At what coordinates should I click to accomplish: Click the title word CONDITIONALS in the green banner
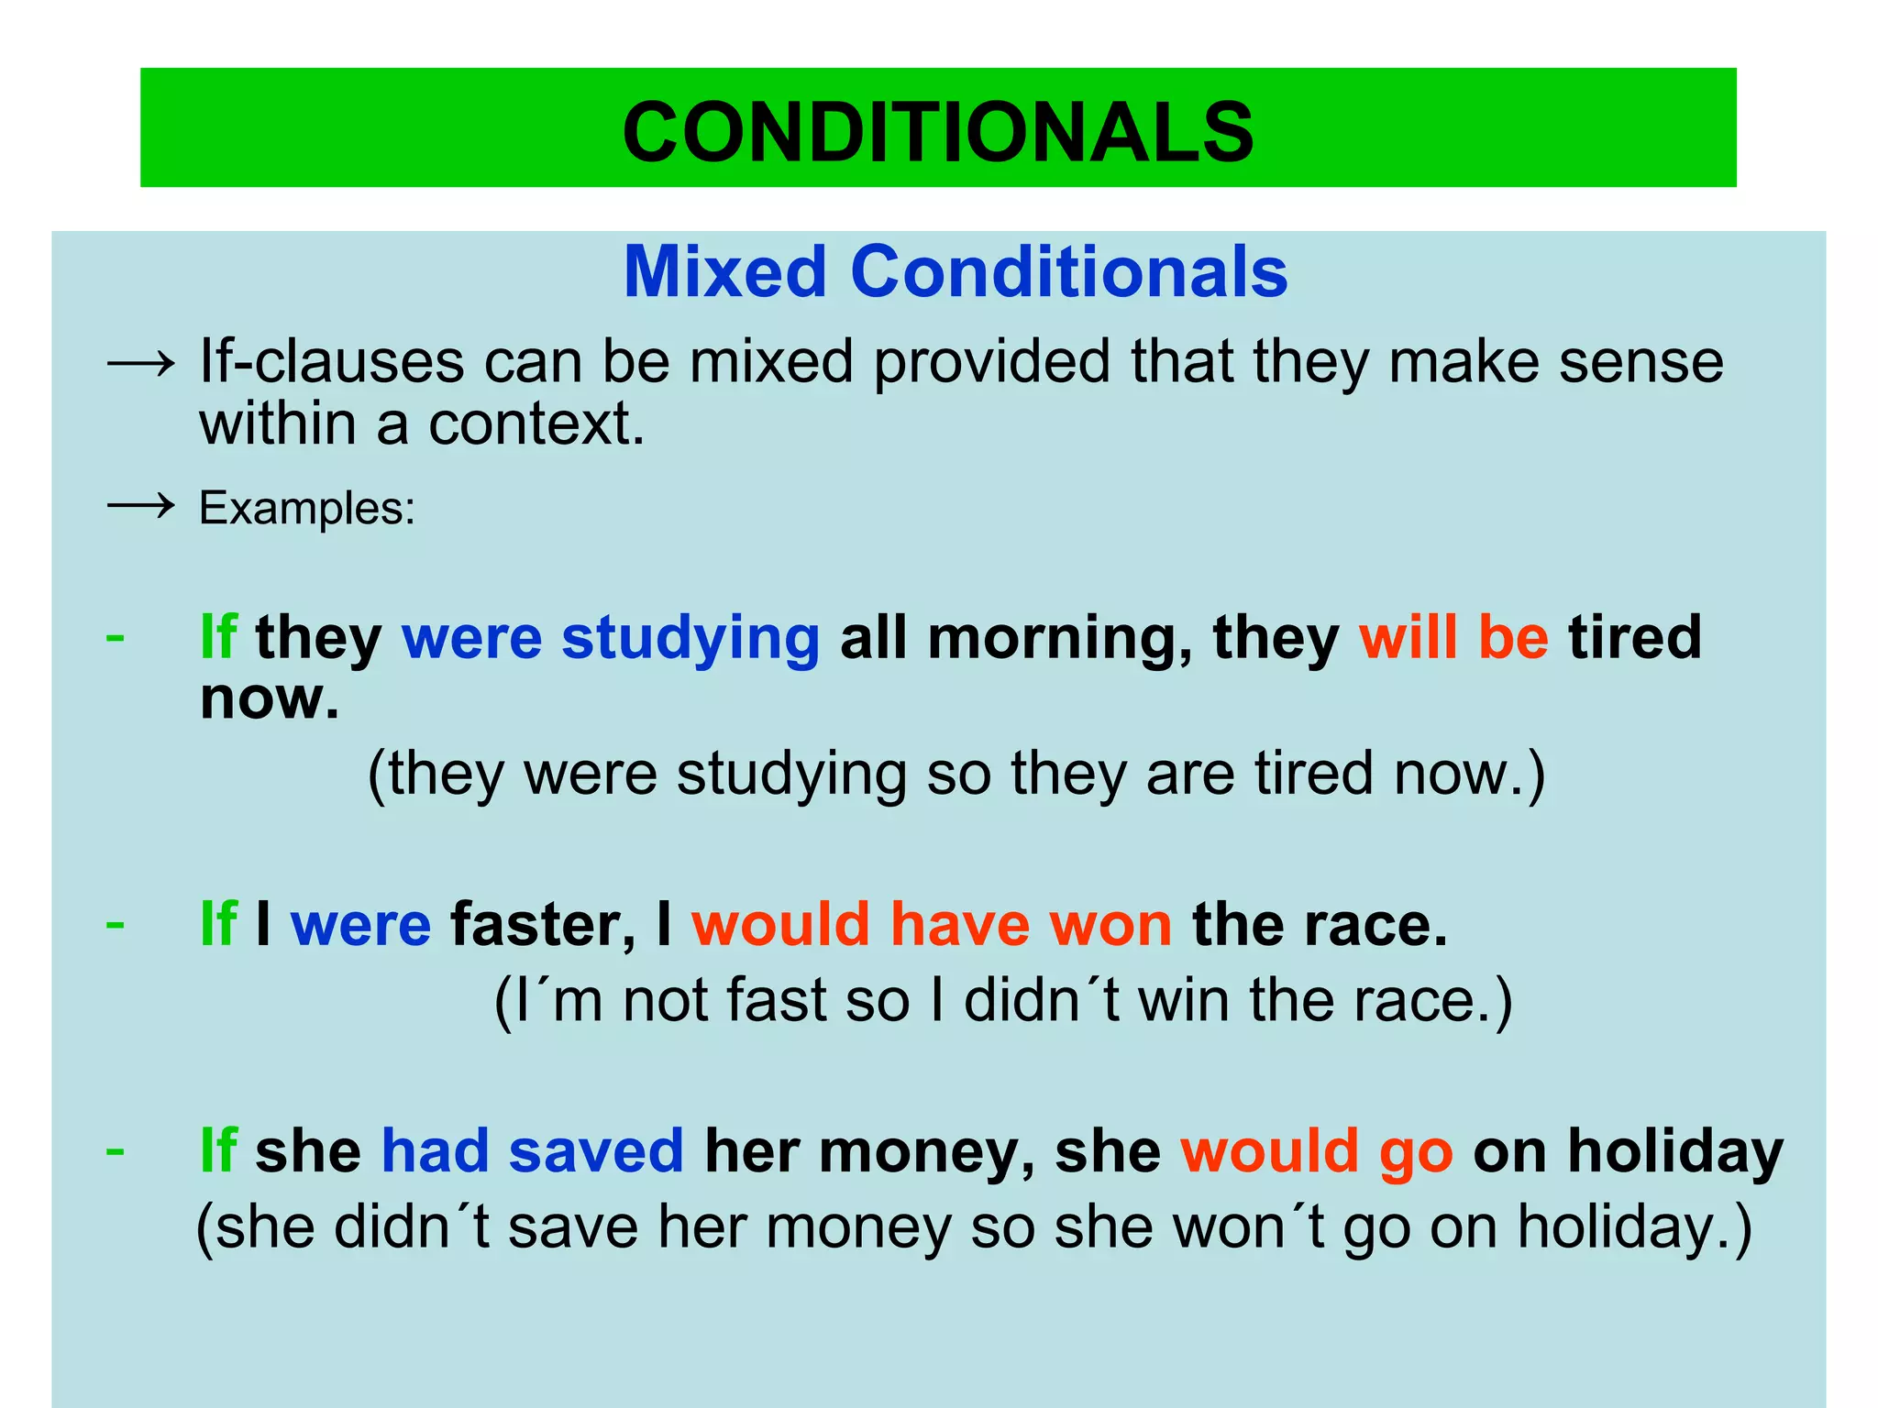(938, 132)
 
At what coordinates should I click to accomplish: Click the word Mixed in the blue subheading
(725, 272)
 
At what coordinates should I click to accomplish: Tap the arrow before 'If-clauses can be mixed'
(140, 365)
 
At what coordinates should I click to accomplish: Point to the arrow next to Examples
(140, 505)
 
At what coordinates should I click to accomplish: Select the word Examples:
(307, 509)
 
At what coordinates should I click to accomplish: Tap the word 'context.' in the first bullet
(536, 424)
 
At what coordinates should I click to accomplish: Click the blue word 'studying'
(690, 639)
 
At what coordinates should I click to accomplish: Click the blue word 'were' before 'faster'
(360, 924)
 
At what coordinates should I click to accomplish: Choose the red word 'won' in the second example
(1110, 925)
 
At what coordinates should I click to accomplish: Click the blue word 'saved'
(596, 1151)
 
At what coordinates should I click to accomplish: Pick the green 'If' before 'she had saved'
(218, 1151)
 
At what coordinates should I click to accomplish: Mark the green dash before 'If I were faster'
(116, 923)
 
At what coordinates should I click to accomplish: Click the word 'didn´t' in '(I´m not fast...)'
(1042, 1000)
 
